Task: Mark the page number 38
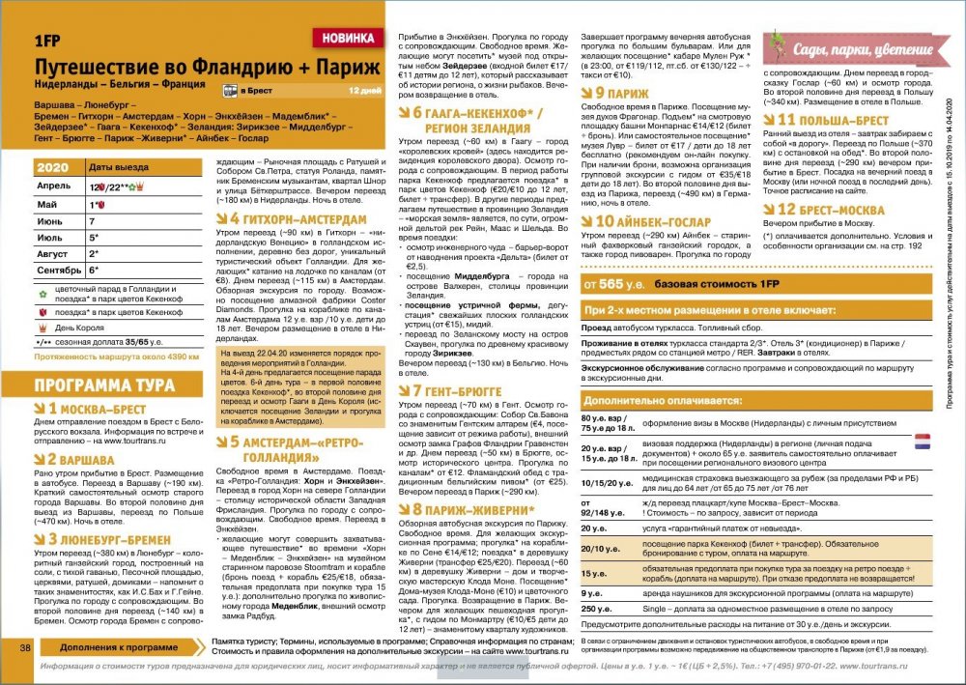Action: (26, 645)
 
